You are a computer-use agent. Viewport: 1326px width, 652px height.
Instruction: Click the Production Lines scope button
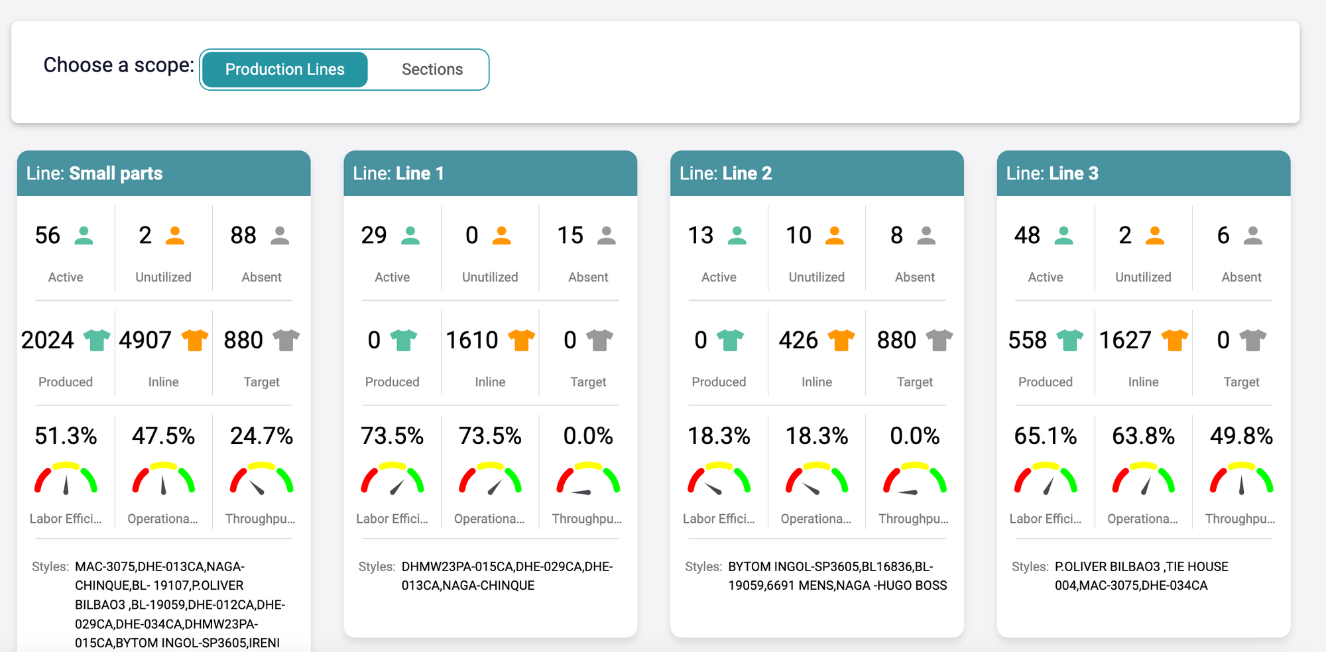[x=284, y=70]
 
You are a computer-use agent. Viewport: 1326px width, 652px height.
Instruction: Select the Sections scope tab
[x=432, y=70]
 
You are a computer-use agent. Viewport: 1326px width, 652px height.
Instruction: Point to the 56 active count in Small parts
[x=48, y=235]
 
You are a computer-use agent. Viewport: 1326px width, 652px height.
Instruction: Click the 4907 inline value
[x=145, y=340]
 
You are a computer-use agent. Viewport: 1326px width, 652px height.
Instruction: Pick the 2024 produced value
[x=48, y=340]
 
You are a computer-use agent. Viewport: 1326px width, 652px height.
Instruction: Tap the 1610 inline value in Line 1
[x=471, y=340]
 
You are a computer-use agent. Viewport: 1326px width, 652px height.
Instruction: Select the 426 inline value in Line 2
[x=798, y=340]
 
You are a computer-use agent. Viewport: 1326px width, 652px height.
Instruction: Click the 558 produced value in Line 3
[x=1027, y=340]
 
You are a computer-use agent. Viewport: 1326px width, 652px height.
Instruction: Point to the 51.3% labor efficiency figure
[x=66, y=436]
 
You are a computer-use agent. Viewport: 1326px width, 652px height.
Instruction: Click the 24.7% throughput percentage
[x=261, y=436]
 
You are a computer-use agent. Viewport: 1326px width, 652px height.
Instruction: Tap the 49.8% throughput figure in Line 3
[x=1241, y=436]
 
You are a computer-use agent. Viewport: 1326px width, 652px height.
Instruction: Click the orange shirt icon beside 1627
[x=1174, y=340]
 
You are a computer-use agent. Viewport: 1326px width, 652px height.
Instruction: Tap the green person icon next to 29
[x=410, y=235]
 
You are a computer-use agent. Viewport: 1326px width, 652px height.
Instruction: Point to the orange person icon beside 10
[x=835, y=235]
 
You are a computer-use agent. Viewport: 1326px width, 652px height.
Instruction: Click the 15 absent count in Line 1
[x=570, y=235]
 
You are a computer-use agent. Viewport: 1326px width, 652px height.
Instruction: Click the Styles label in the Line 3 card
[x=1030, y=567]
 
